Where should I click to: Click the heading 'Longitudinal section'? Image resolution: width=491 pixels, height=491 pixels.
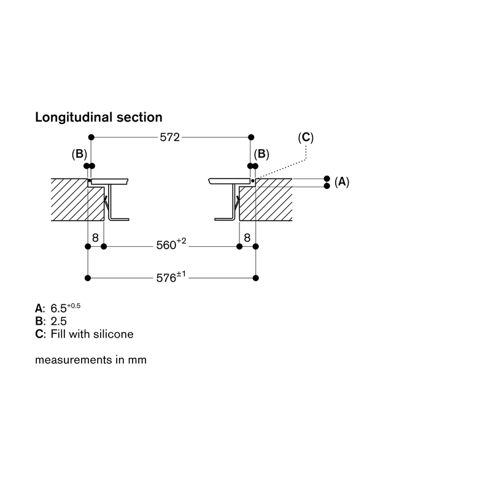[x=99, y=117]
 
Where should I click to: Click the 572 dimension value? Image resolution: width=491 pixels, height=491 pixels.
[x=170, y=137]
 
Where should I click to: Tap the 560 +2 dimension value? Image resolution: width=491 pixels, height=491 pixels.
[x=171, y=244]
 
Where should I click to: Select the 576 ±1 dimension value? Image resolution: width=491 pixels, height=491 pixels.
[x=171, y=277]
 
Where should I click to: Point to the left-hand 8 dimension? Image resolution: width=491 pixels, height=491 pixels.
[x=96, y=238]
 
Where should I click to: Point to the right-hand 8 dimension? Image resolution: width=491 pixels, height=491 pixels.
[x=247, y=238]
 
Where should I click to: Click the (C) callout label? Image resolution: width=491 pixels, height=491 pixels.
[x=306, y=137]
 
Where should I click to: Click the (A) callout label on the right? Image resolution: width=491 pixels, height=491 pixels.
[x=342, y=182]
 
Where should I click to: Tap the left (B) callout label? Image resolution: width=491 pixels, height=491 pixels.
[x=79, y=154]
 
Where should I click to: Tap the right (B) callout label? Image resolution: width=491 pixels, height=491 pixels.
[x=261, y=154]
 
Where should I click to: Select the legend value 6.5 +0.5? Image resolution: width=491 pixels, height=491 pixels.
[x=66, y=308]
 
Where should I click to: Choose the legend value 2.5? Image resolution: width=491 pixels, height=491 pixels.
[x=58, y=321]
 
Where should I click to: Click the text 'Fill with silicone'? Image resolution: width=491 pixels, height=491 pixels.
[x=92, y=334]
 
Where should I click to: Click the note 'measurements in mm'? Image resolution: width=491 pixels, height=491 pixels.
[x=91, y=360]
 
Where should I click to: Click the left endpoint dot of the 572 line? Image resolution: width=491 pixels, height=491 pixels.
[x=91, y=137]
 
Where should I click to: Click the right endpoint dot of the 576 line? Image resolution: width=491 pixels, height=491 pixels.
[x=255, y=278]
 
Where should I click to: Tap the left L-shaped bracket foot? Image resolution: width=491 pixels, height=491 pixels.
[x=118, y=219]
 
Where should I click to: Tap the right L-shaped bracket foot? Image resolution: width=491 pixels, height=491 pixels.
[x=225, y=219]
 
